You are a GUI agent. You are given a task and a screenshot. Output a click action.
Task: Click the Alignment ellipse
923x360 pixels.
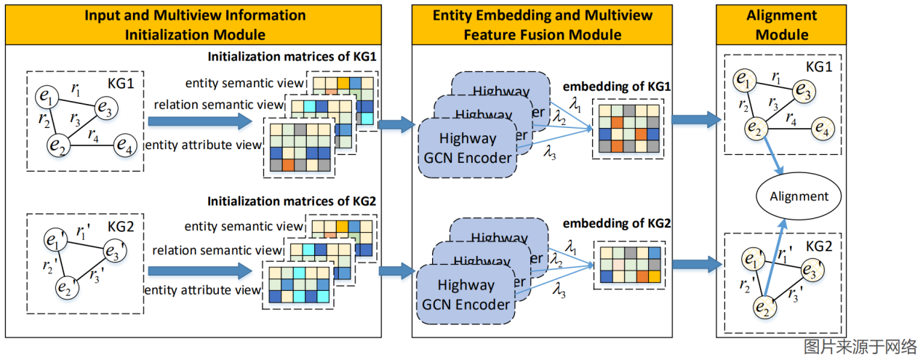point(799,196)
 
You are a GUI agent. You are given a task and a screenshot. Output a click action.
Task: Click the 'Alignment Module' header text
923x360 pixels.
point(782,24)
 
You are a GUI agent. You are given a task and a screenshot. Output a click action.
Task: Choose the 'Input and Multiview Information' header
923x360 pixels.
point(195,15)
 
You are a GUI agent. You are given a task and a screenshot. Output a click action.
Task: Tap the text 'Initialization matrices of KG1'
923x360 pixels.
point(292,57)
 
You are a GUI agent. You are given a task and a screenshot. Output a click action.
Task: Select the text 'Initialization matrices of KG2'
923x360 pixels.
point(292,200)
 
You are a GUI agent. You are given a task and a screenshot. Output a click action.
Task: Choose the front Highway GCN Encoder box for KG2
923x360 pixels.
point(466,295)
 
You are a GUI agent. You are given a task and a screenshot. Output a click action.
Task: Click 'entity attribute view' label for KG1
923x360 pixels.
point(203,145)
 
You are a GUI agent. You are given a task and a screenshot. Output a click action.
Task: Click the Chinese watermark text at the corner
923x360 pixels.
point(860,347)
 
